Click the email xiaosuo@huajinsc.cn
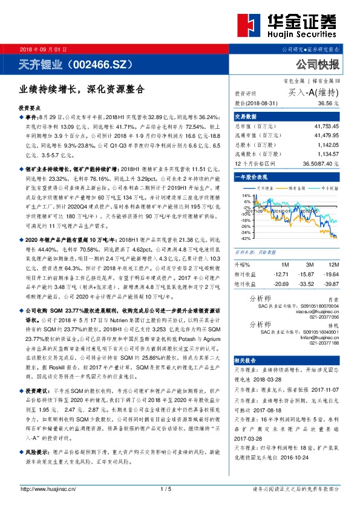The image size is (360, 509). (x=317, y=311)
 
